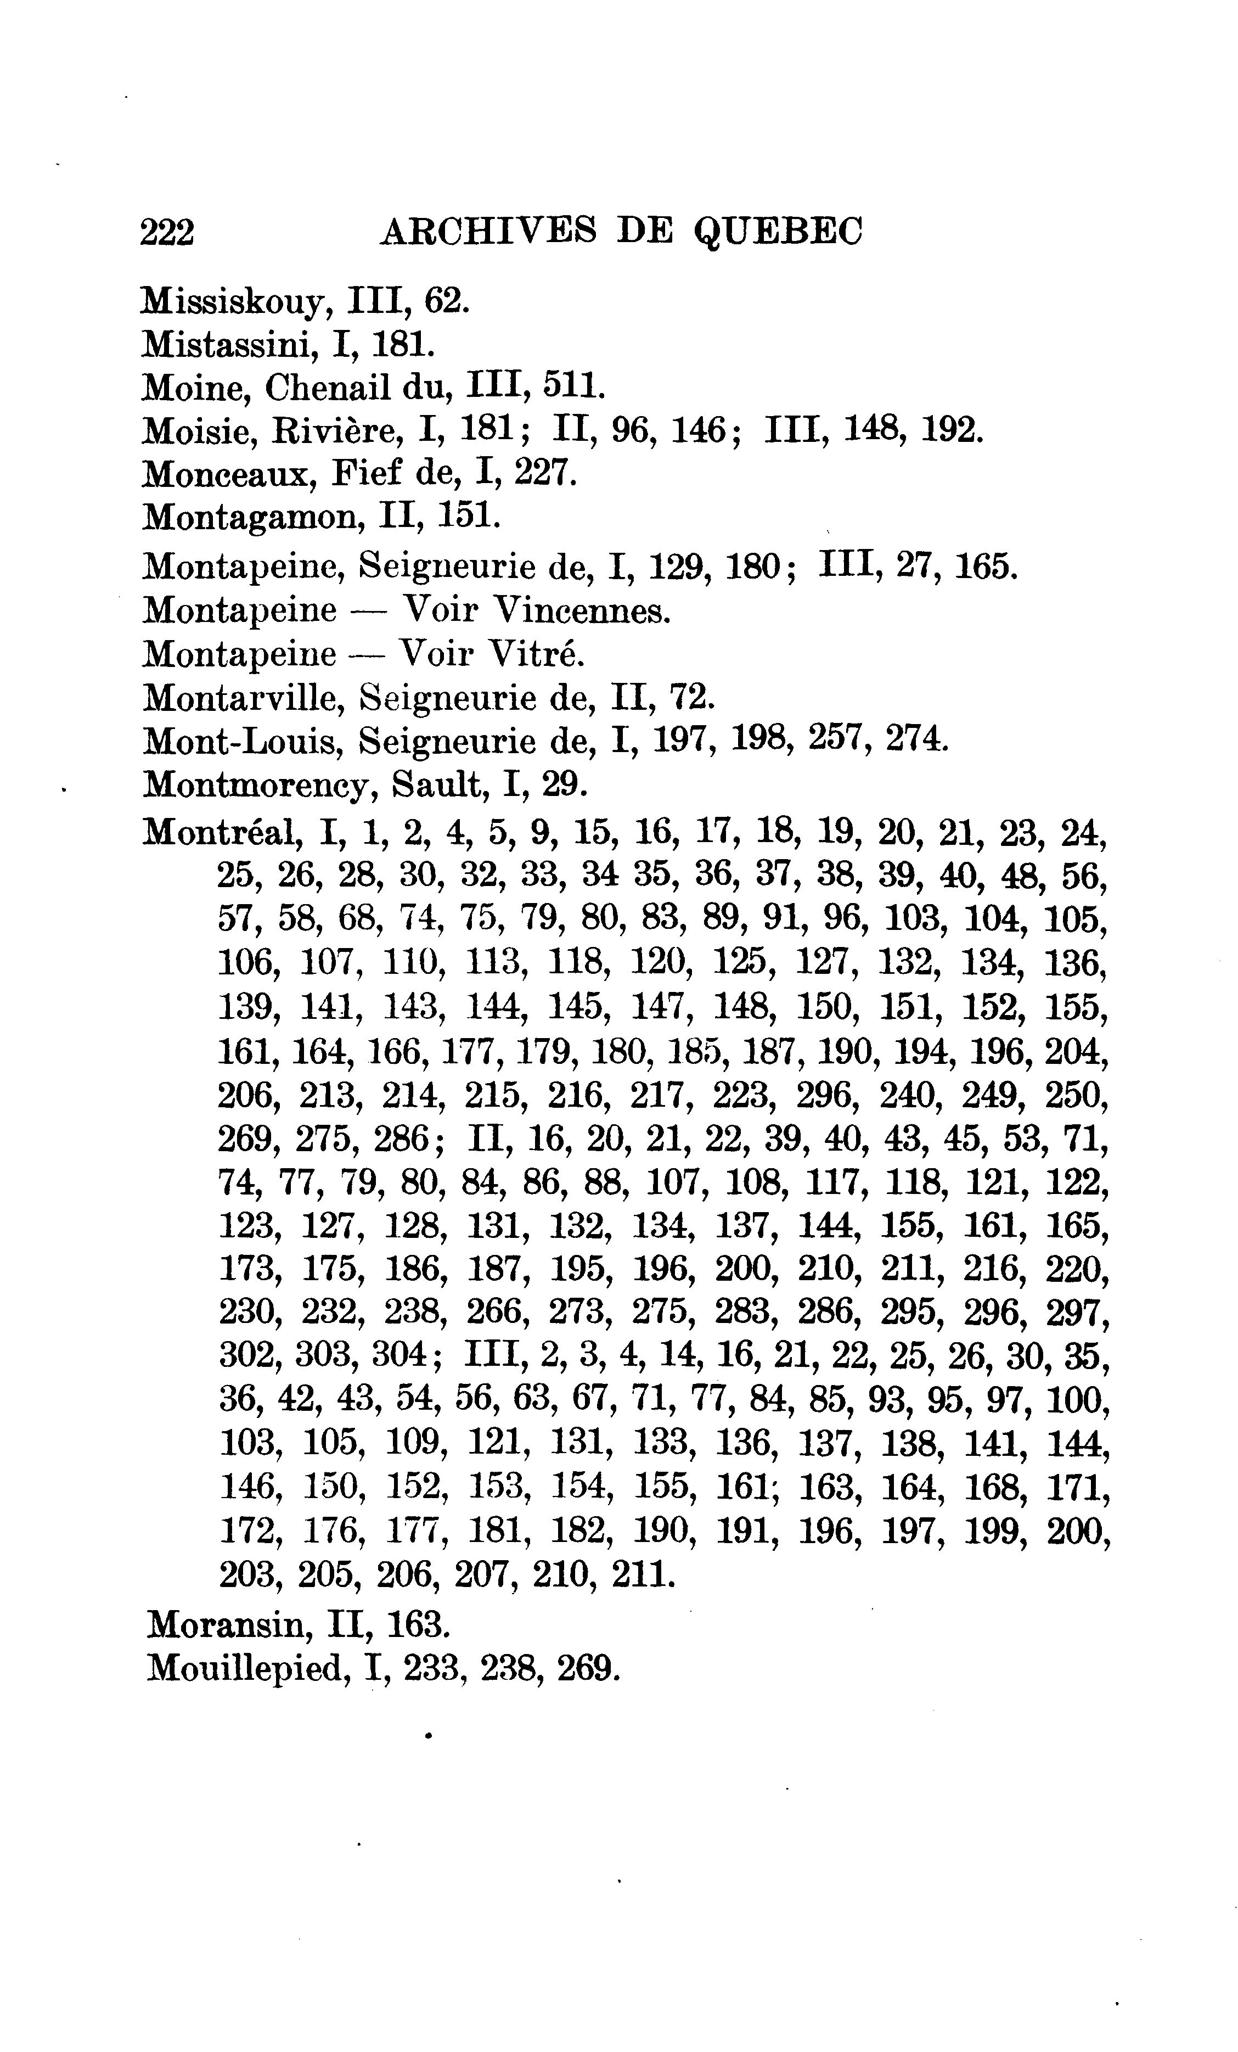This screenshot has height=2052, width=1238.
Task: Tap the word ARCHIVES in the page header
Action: click(x=488, y=231)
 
